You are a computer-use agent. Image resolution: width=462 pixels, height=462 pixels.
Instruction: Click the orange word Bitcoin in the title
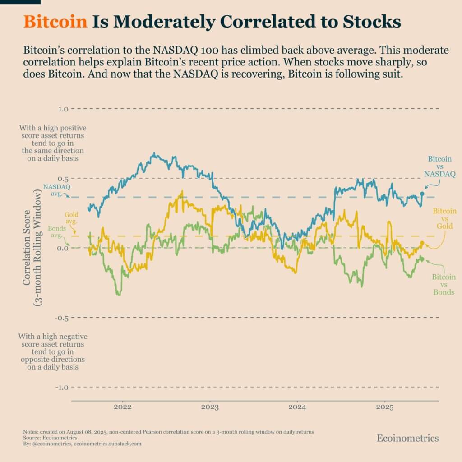click(55, 22)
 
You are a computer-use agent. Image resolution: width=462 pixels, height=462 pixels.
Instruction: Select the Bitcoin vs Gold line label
click(444, 218)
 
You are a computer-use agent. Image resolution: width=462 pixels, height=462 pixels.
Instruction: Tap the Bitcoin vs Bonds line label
click(444, 285)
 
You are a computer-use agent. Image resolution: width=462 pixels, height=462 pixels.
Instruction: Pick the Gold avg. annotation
click(71, 218)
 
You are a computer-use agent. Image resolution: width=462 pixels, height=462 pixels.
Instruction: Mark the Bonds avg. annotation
click(58, 232)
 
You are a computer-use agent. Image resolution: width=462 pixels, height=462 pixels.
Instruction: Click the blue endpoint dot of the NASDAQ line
click(422, 194)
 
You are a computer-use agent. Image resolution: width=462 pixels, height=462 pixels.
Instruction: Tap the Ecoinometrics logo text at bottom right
click(407, 438)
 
